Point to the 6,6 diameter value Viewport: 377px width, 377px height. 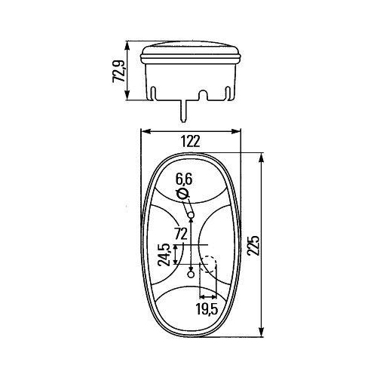point(185,179)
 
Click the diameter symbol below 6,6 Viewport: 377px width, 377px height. point(182,195)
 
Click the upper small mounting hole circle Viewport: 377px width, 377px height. point(192,216)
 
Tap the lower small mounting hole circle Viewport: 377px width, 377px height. point(192,274)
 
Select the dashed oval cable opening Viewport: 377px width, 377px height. point(209,265)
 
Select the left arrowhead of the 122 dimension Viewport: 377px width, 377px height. point(145,131)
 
